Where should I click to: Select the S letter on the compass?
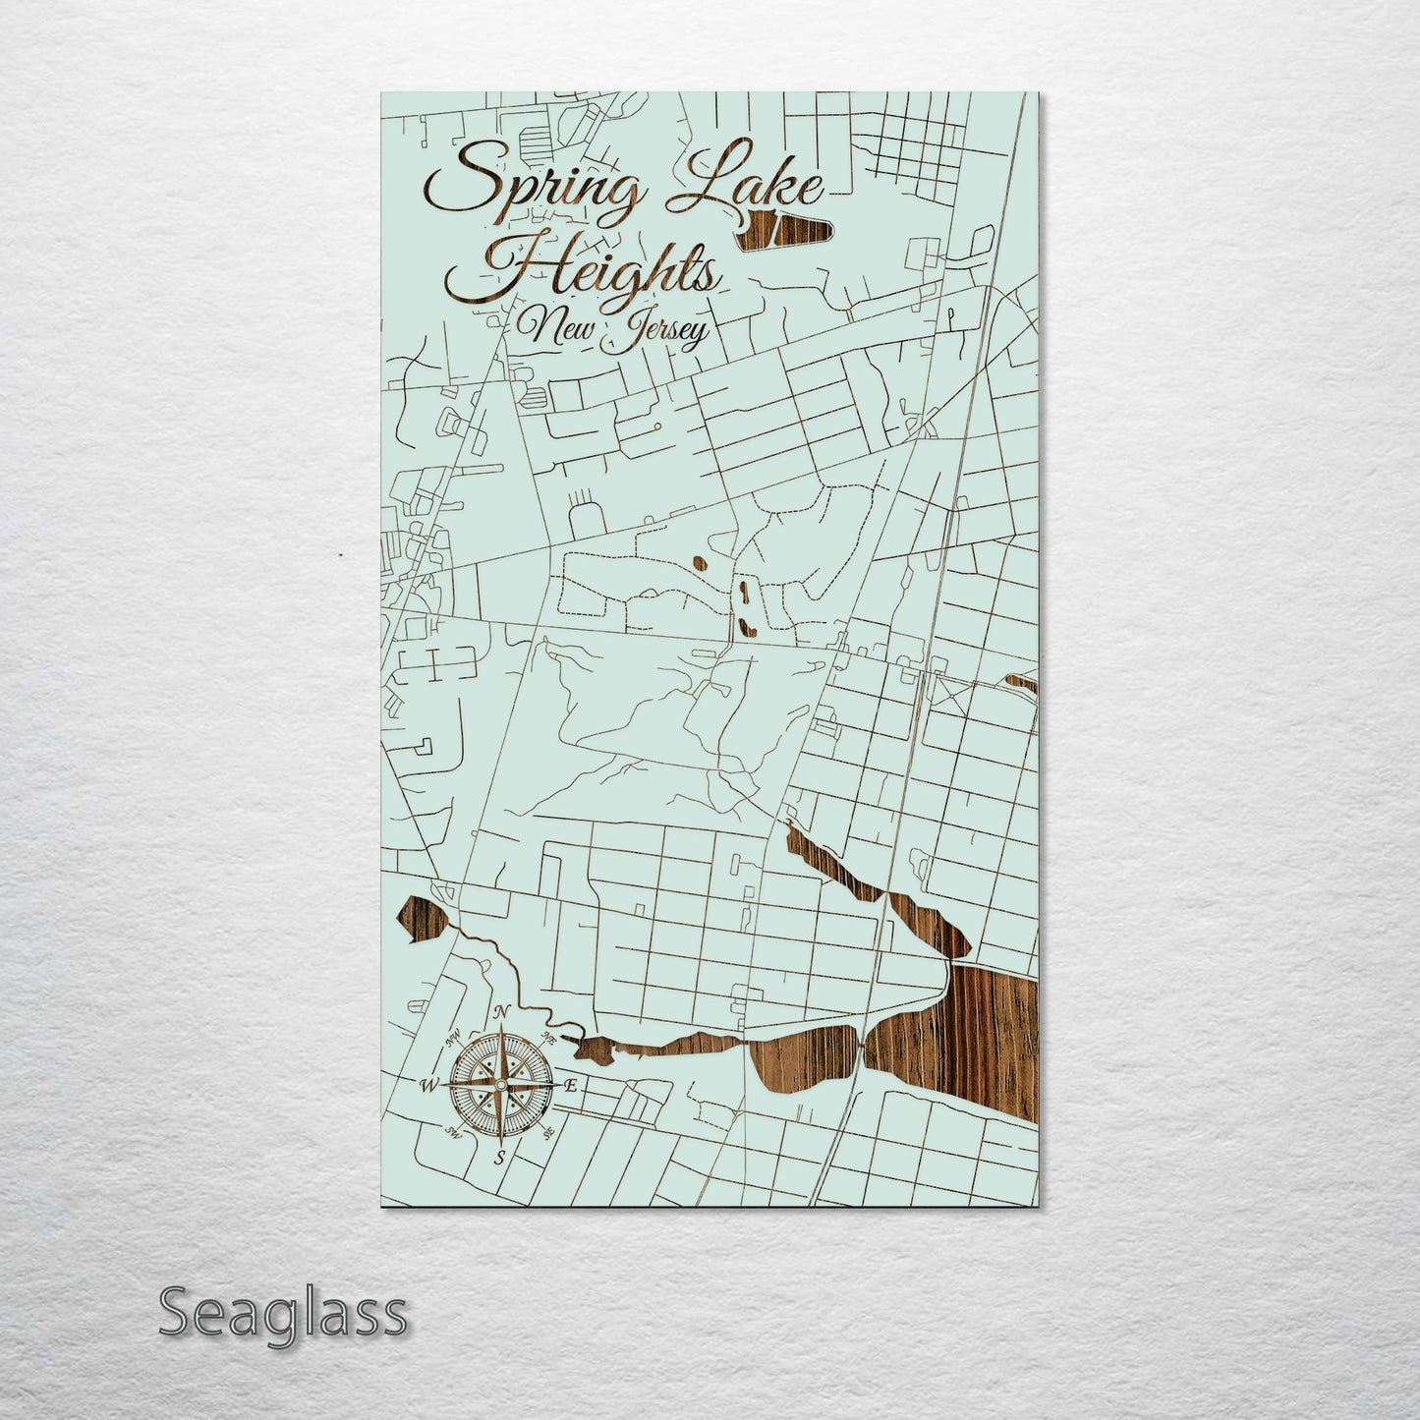[x=499, y=1158]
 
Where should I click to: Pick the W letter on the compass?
[x=429, y=1086]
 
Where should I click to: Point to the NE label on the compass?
[x=548, y=1038]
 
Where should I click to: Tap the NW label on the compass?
[x=454, y=1038]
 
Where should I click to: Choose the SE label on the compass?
[x=547, y=1132]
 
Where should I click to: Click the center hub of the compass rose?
[x=500, y=1085]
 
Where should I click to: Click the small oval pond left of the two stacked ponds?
[x=699, y=564]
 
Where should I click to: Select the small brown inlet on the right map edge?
[x=1022, y=682]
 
